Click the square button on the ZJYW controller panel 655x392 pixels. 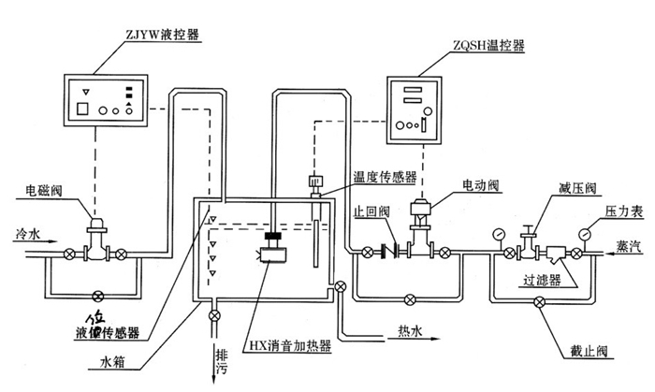click(84, 107)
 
